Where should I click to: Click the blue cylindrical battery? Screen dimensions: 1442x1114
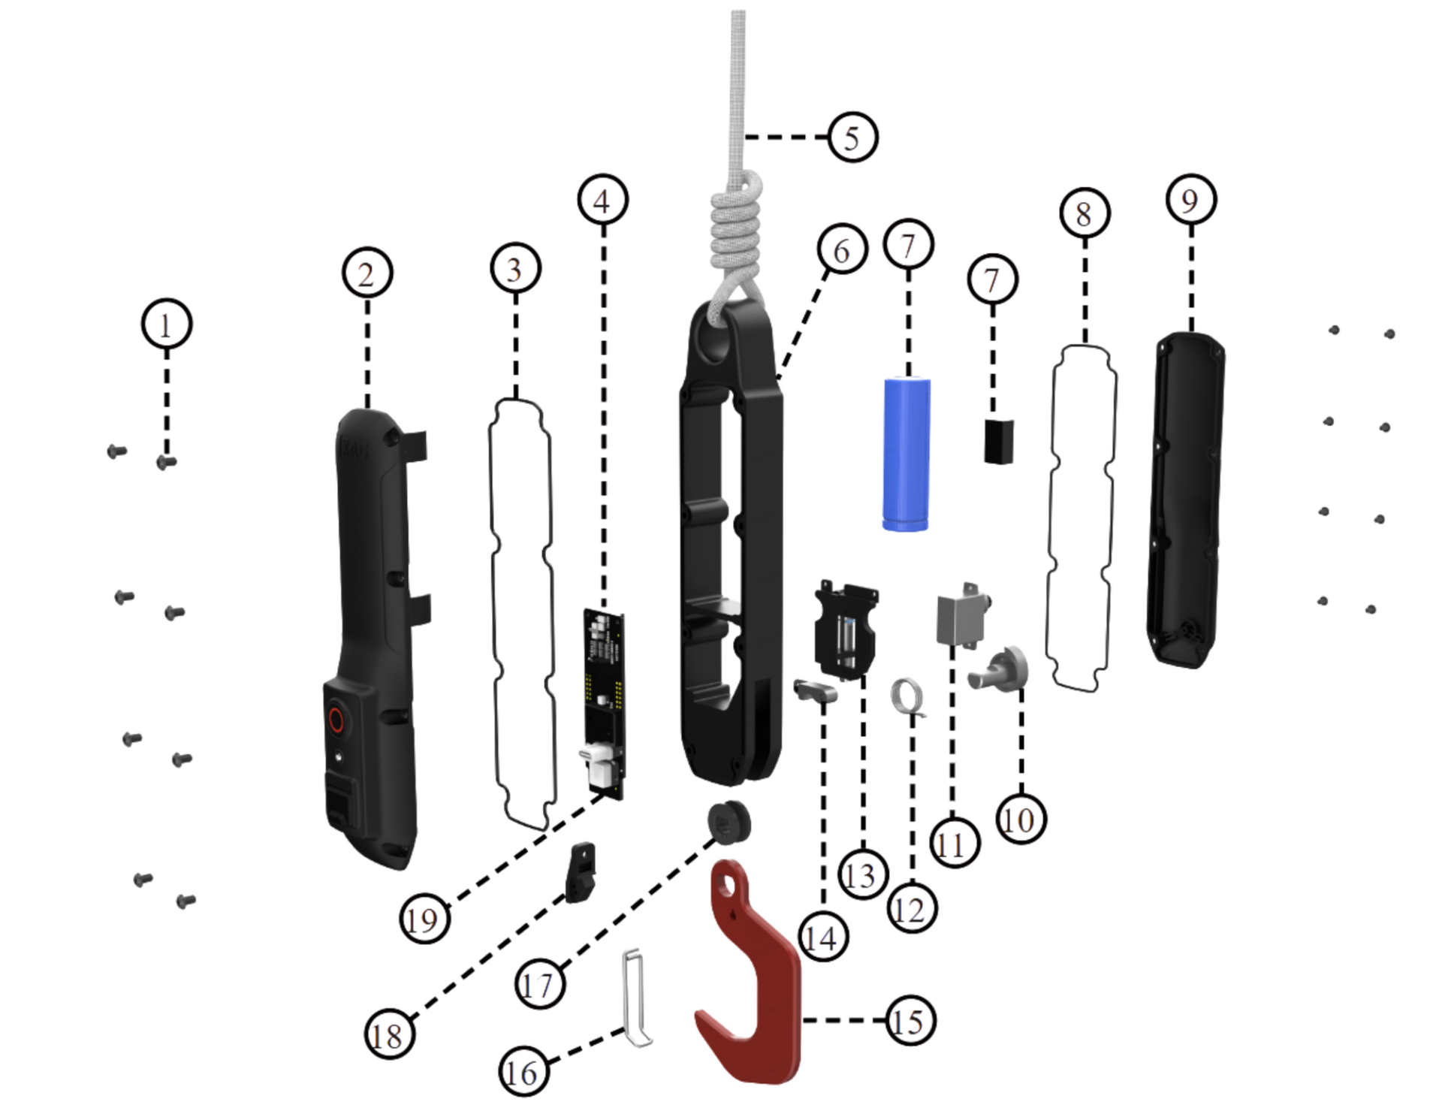pyautogui.click(x=907, y=454)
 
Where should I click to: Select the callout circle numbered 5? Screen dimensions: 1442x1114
pyautogui.click(x=852, y=137)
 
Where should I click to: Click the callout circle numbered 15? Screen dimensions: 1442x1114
pyautogui.click(x=910, y=1021)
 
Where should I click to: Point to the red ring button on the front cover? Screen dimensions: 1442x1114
pyautogui.click(x=336, y=720)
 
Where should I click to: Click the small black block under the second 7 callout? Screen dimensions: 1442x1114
pyautogui.click(x=999, y=442)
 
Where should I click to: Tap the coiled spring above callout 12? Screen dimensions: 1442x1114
pyautogui.click(x=906, y=696)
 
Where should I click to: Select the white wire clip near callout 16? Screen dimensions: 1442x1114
pyautogui.click(x=635, y=999)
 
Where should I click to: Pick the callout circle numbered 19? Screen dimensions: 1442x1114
pyautogui.click(x=424, y=919)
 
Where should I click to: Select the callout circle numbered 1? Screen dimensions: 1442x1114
pyautogui.click(x=167, y=325)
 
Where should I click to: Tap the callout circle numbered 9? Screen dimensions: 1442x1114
pyautogui.click(x=1191, y=200)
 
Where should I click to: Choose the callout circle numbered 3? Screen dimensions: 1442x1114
pyautogui.click(x=515, y=269)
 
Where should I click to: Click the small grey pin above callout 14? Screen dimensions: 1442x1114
pyautogui.click(x=815, y=690)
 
